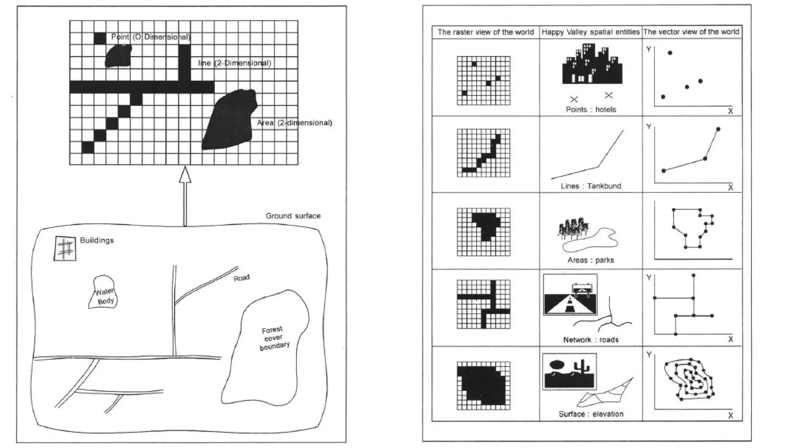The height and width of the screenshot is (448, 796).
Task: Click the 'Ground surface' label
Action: click(293, 216)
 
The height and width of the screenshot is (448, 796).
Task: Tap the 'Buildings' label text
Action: click(97, 240)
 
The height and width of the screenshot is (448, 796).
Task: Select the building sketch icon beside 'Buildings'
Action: click(65, 248)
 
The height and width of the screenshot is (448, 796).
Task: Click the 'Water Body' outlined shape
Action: click(103, 292)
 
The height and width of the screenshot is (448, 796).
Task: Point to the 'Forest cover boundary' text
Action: click(274, 338)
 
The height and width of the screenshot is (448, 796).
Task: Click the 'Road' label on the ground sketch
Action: click(241, 278)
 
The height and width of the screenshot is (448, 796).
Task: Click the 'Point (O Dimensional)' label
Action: click(151, 37)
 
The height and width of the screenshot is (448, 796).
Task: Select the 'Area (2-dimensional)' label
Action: click(294, 123)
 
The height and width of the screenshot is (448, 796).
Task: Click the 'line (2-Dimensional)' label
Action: click(234, 63)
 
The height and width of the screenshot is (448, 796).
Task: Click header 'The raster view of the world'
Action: click(485, 32)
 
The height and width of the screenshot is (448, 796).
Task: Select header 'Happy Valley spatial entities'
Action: click(590, 32)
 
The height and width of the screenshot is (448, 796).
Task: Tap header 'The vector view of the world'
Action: click(691, 32)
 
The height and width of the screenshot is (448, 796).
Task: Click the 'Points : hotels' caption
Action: click(591, 110)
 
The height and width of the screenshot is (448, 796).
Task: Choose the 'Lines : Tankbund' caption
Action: click(591, 186)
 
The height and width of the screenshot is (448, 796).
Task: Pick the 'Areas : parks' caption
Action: click(590, 260)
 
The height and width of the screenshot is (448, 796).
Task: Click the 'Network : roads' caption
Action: click(590, 340)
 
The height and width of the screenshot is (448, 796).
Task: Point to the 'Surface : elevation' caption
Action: click(591, 414)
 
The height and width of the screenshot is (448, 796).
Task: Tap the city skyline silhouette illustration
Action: click(592, 65)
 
